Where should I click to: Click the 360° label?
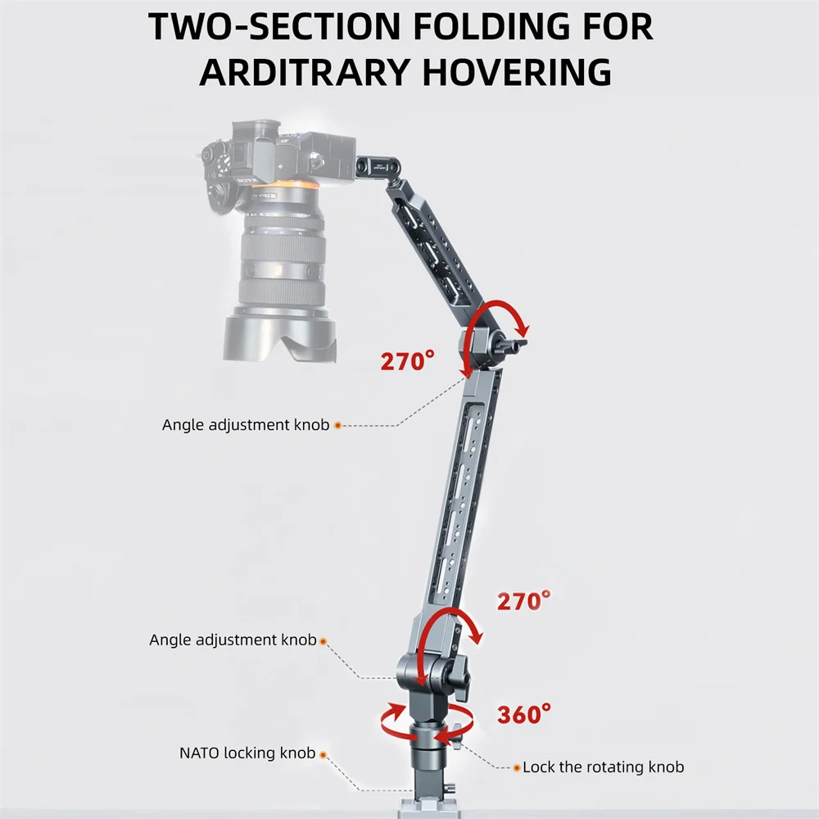[523, 714]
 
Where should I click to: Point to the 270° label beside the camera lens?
[407, 360]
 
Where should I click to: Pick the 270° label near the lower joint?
[523, 600]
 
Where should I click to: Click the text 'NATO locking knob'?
[247, 753]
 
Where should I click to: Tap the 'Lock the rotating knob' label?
[604, 767]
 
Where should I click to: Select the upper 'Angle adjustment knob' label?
[246, 424]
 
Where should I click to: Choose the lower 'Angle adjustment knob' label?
[233, 640]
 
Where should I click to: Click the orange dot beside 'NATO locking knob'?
[323, 755]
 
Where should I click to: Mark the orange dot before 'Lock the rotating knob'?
[517, 767]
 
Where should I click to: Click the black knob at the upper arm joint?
[512, 345]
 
